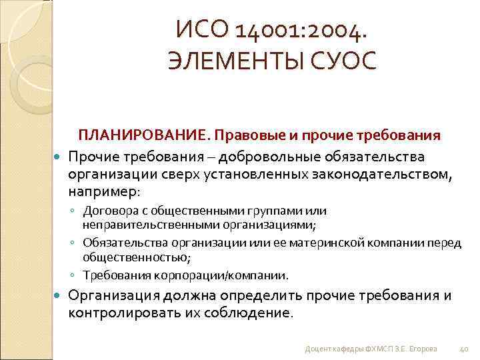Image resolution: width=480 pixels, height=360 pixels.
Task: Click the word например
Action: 101,191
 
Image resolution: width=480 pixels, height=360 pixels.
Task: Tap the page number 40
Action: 465,349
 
